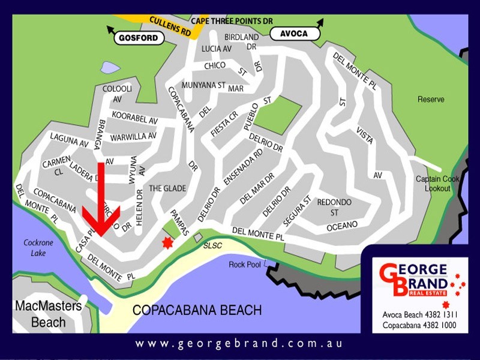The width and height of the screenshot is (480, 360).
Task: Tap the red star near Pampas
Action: [167, 242]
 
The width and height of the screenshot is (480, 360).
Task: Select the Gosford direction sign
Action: [139, 38]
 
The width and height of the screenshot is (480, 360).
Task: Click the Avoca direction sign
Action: [295, 34]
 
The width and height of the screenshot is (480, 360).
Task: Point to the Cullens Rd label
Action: [170, 26]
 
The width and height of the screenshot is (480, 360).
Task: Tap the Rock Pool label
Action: [245, 265]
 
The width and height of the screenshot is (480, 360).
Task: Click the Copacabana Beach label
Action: [197, 310]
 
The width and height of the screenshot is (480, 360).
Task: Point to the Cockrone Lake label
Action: [39, 248]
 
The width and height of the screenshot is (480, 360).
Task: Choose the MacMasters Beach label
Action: [48, 314]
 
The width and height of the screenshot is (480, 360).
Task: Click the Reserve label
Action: [431, 99]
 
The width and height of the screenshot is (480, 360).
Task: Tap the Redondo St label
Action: [334, 207]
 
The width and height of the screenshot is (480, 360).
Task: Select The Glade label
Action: [167, 188]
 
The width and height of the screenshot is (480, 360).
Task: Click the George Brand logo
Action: [414, 280]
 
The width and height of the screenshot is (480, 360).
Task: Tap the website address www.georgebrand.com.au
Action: [239, 344]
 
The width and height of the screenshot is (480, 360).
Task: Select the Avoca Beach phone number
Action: [419, 314]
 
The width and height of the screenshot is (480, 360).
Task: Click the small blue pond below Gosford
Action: [110, 67]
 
